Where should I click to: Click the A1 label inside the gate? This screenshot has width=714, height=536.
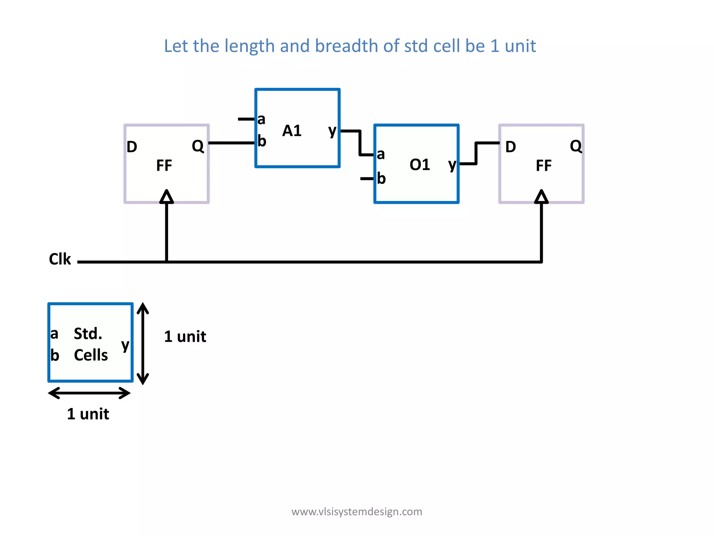point(292,131)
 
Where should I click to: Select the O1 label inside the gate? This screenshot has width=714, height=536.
point(420,165)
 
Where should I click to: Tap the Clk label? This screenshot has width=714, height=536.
point(60,259)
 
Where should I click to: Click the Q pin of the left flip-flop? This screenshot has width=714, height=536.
point(198,146)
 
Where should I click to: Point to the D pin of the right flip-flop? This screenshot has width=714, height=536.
point(510,147)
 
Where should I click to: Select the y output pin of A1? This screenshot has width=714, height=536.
point(332,131)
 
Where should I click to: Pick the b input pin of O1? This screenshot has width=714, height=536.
point(381,179)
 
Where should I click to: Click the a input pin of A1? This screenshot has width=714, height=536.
point(261,119)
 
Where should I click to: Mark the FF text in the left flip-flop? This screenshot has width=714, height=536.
point(164,165)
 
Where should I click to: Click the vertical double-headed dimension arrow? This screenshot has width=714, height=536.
point(143,344)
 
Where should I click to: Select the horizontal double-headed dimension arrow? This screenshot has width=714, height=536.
point(90,393)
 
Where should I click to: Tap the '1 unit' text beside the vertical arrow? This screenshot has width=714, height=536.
point(185,337)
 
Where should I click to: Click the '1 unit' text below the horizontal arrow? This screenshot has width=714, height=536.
point(88,414)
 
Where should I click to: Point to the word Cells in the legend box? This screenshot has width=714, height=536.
point(91,355)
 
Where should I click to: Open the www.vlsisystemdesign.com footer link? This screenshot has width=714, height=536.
point(357,512)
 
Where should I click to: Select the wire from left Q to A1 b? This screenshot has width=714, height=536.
point(232,143)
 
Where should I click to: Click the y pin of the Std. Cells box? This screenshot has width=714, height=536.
point(125,345)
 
